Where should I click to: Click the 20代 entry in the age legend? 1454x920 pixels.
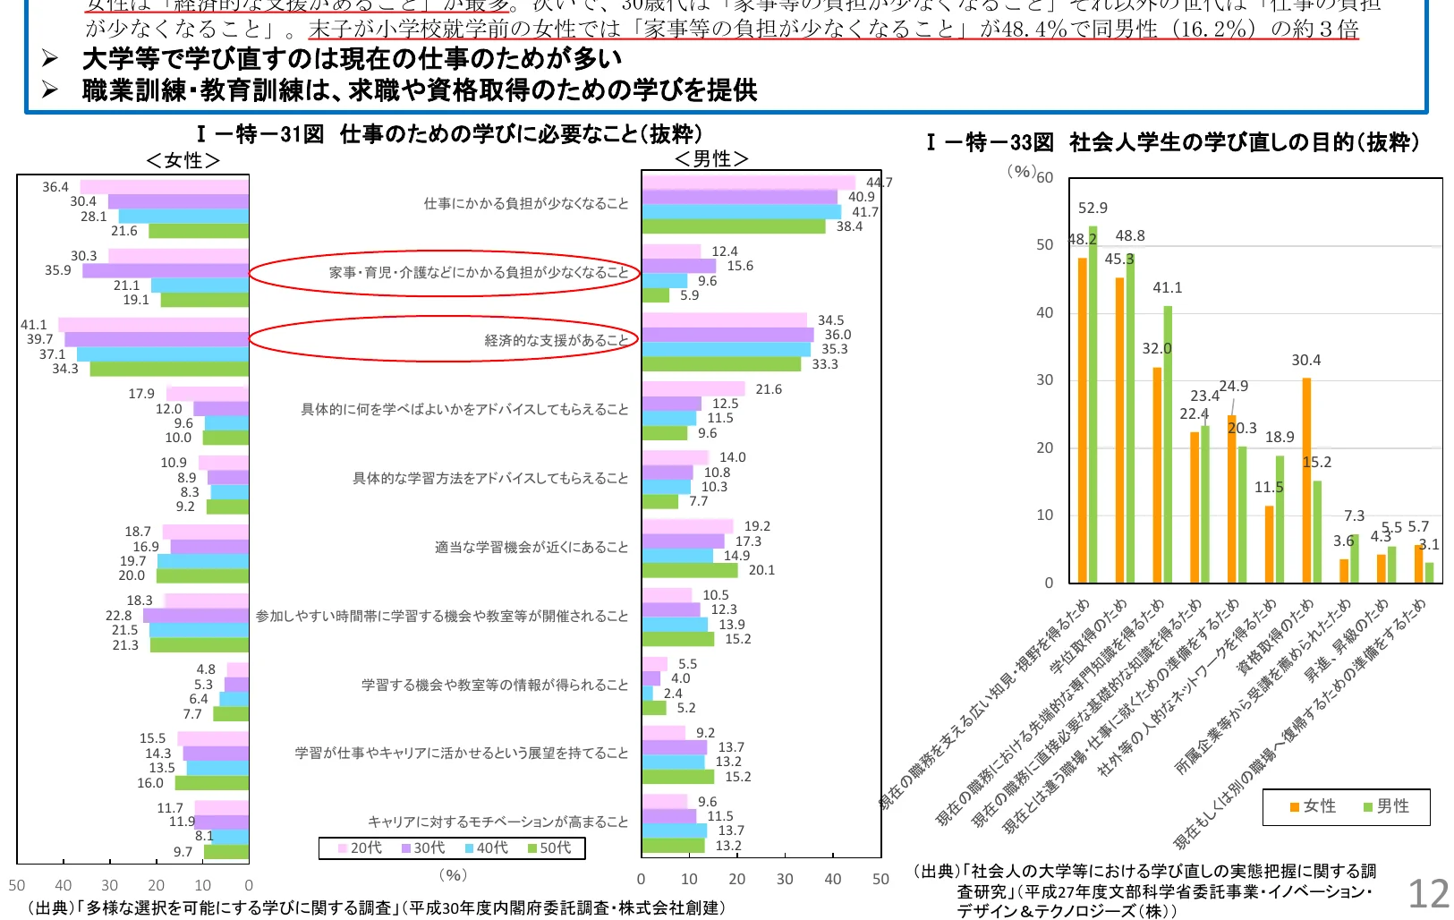click(x=360, y=848)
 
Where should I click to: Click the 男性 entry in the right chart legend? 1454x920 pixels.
click(x=1386, y=806)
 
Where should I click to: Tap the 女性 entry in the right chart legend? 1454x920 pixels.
click(x=1313, y=806)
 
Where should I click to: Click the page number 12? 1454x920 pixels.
click(x=1428, y=893)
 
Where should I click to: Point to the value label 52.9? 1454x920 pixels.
click(x=1093, y=208)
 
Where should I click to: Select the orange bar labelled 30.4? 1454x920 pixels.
click(x=1306, y=480)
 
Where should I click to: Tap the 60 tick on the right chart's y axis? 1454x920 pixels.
click(x=1044, y=177)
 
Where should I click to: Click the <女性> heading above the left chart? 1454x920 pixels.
click(x=183, y=160)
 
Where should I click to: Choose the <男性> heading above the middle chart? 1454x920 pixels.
click(x=711, y=159)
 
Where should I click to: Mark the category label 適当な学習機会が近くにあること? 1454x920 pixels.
click(x=531, y=547)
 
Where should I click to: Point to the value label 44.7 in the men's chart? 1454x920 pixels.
click(x=879, y=183)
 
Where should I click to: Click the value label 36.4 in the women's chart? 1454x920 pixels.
click(x=55, y=187)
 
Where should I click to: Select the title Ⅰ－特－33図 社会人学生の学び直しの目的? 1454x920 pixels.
click(x=1172, y=142)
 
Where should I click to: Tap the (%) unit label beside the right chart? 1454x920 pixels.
click(x=1021, y=170)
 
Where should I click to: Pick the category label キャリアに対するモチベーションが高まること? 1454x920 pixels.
click(x=497, y=822)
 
